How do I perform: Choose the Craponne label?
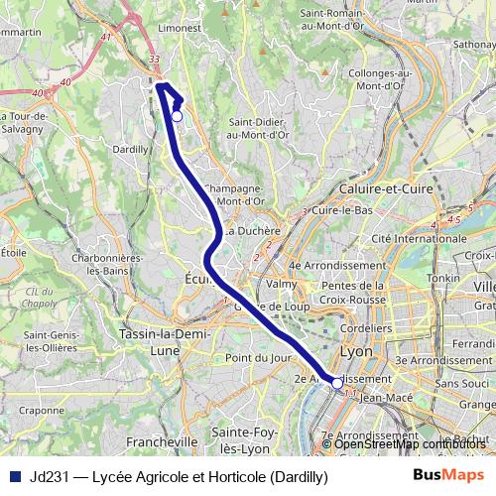(x=43, y=409)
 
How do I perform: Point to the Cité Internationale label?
(x=404, y=238)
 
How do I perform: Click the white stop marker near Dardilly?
(x=177, y=116)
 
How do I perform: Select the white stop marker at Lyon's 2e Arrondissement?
(x=337, y=382)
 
